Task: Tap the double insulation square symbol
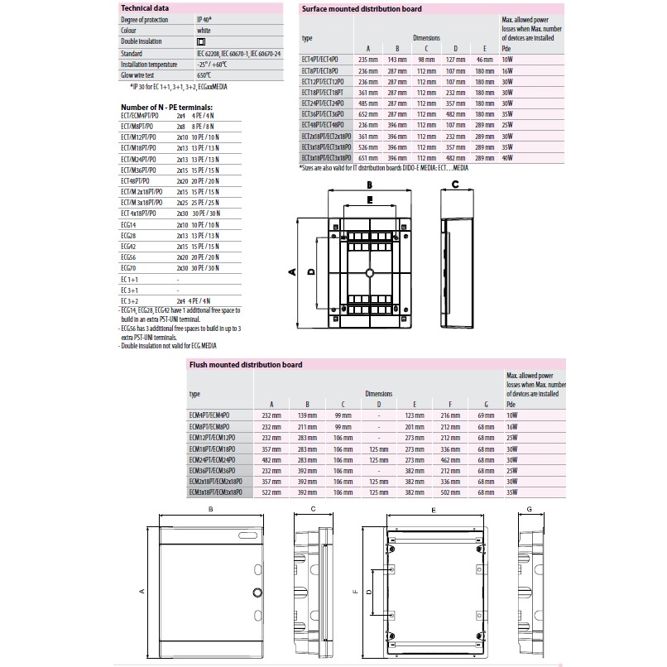(201, 41)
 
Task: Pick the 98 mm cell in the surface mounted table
(425, 60)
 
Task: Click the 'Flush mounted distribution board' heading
(245, 364)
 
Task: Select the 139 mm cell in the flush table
(308, 415)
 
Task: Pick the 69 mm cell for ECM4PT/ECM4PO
(486, 415)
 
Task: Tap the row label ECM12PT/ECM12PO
(213, 436)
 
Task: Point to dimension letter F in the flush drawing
(356, 592)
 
